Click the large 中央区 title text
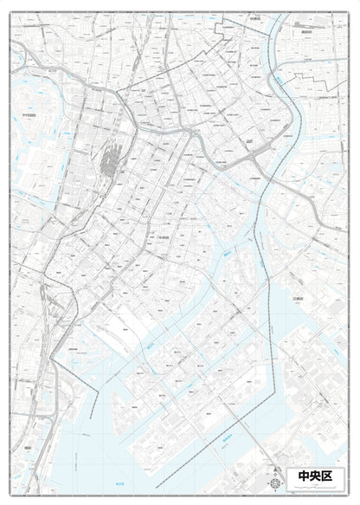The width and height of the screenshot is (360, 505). pyautogui.click(x=320, y=476)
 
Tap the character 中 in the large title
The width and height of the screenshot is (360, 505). pyautogui.click(x=305, y=476)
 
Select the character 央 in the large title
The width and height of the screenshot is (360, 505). pyautogui.click(x=320, y=476)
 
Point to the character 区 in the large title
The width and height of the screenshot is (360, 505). pyautogui.click(x=337, y=476)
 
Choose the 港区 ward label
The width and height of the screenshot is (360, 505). pyautogui.click(x=29, y=447)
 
